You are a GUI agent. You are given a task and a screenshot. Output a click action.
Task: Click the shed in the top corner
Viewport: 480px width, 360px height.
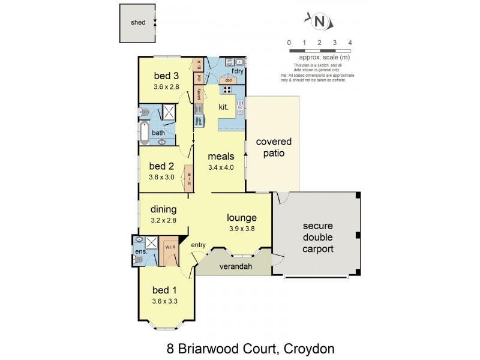138,23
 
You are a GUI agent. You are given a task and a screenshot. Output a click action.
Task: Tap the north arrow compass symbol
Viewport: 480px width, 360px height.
320,22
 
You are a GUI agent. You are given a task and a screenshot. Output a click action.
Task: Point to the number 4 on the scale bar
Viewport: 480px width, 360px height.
350,43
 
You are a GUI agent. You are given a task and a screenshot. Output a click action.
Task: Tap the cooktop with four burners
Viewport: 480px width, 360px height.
227,90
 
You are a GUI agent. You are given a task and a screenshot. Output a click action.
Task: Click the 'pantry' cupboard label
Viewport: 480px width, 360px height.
197,95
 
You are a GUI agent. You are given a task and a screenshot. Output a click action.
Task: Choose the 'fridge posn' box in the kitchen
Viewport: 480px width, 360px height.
197,120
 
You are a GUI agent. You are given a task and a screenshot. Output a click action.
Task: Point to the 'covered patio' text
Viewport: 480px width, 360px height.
274,148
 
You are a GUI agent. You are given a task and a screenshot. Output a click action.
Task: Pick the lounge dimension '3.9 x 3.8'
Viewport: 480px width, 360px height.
242,228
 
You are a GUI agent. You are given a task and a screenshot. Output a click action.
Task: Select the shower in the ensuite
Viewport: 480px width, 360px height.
152,243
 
